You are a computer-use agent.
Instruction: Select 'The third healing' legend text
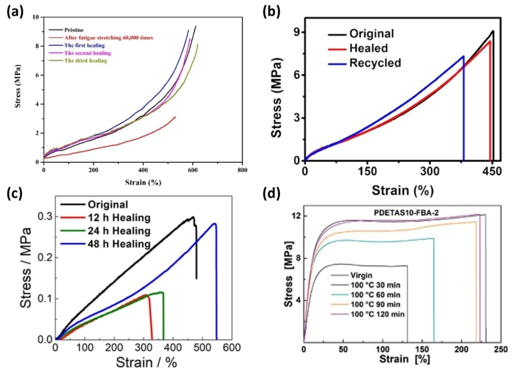click(85, 61)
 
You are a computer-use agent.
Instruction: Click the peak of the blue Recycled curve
click(463, 56)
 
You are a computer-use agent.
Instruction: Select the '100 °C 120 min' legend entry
click(375, 315)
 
